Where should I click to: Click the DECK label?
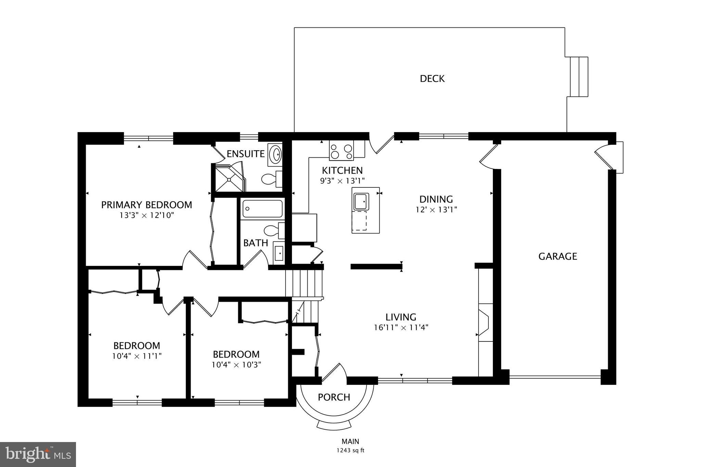[x=432, y=79]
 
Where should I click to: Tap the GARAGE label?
[x=558, y=256]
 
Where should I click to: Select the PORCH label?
[x=334, y=397]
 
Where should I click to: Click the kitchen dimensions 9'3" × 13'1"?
[x=342, y=181]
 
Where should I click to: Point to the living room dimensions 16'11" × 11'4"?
[x=401, y=327]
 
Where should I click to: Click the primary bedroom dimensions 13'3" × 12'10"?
[x=146, y=215]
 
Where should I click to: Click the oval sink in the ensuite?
[x=275, y=155]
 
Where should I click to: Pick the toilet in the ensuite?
[x=271, y=179]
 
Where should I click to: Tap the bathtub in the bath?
[x=262, y=208]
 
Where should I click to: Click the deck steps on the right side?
[x=578, y=77]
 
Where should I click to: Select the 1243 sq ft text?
[x=350, y=450]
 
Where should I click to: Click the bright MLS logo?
[x=38, y=454]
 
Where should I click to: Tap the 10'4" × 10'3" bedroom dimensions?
[x=236, y=365]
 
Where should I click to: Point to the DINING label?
[x=436, y=199]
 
